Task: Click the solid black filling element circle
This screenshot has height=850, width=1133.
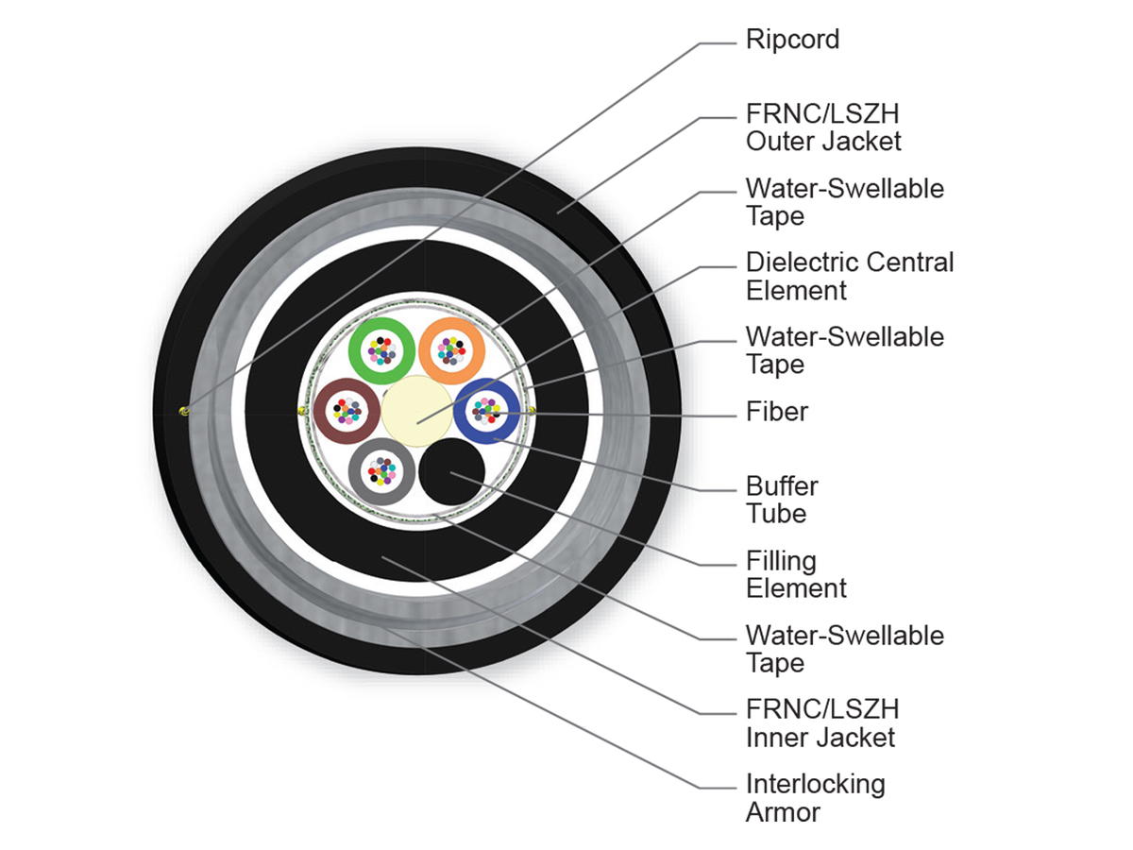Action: coord(451,471)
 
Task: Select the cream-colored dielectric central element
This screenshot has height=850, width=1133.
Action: coord(417,411)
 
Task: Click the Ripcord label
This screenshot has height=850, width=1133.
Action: coord(792,41)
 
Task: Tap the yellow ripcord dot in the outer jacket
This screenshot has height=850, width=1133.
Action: coord(184,412)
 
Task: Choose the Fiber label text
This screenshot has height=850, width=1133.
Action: coord(777,412)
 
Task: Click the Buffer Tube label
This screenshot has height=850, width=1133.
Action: coord(782,501)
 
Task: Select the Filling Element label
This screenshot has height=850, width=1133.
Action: coord(796,575)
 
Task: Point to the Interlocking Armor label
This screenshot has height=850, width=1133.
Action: coord(816,798)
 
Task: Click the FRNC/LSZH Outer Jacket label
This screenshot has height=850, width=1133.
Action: coord(823,127)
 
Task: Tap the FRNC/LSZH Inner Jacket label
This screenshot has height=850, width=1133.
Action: coord(822,723)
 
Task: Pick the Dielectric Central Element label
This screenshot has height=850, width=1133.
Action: coord(850,277)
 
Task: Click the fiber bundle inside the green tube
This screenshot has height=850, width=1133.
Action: coord(382,351)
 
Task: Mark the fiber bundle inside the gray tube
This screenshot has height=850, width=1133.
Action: coord(382,471)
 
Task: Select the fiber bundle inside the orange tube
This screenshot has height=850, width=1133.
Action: coord(451,351)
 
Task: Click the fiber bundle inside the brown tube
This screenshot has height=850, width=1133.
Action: coord(347,412)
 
